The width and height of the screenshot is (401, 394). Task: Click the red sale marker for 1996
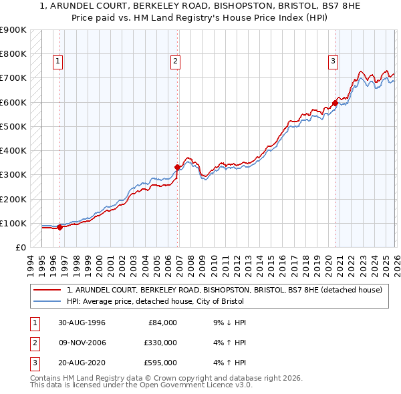59,227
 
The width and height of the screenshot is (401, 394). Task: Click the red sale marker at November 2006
177,168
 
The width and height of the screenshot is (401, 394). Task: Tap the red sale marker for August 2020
335,104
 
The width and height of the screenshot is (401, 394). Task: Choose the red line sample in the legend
47,290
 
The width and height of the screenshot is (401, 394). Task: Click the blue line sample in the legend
47,301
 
